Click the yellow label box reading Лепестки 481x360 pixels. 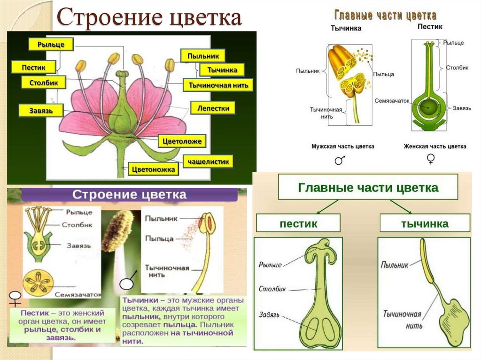point(213,108)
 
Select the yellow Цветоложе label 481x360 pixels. point(182,140)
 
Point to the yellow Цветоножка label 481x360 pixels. point(154,169)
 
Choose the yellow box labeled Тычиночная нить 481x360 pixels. point(218,85)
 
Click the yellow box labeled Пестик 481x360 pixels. point(33,67)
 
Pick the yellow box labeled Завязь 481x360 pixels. point(40,111)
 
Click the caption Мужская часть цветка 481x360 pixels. point(342,146)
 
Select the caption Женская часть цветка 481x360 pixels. point(435,146)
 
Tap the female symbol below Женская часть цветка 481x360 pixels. point(430,160)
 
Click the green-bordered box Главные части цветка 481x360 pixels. point(368,188)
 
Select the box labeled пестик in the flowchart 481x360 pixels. point(298,223)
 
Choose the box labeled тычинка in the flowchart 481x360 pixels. point(424,223)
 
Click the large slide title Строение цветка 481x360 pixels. point(149,18)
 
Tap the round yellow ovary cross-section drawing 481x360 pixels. point(39,282)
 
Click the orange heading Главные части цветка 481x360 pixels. point(385,15)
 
